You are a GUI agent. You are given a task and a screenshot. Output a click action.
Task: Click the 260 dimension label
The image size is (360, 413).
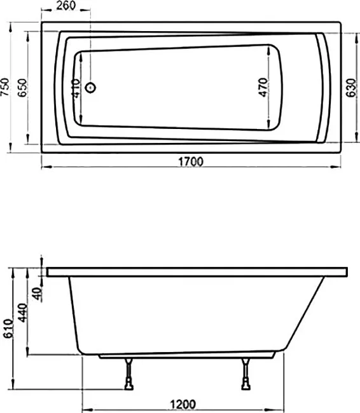tap(66, 5)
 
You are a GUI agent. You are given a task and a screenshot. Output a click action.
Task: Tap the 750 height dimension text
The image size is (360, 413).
tap(4, 87)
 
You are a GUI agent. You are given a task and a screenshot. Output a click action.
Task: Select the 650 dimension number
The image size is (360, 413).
tap(22, 88)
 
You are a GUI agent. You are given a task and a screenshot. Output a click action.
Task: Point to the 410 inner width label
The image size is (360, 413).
tap(76, 88)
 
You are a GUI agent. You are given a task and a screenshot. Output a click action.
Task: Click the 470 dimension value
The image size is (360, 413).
tap(263, 87)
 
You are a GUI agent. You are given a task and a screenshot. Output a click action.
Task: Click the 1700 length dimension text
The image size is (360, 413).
tap(191, 161)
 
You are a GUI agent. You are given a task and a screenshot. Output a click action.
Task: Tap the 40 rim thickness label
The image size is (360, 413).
tap(38, 294)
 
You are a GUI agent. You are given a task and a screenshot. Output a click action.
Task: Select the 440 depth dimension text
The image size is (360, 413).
tap(22, 313)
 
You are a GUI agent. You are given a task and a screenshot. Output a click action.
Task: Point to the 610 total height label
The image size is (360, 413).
tap(8, 328)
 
